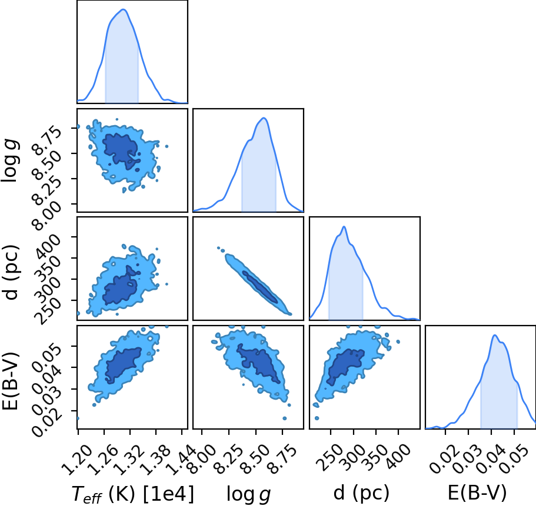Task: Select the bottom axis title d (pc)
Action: pos(361,493)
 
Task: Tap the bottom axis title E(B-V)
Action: pos(477,493)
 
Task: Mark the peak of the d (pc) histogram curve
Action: pos(344,227)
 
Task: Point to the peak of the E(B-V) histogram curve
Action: pos(494,336)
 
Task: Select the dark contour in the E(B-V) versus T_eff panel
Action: pos(123,366)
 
